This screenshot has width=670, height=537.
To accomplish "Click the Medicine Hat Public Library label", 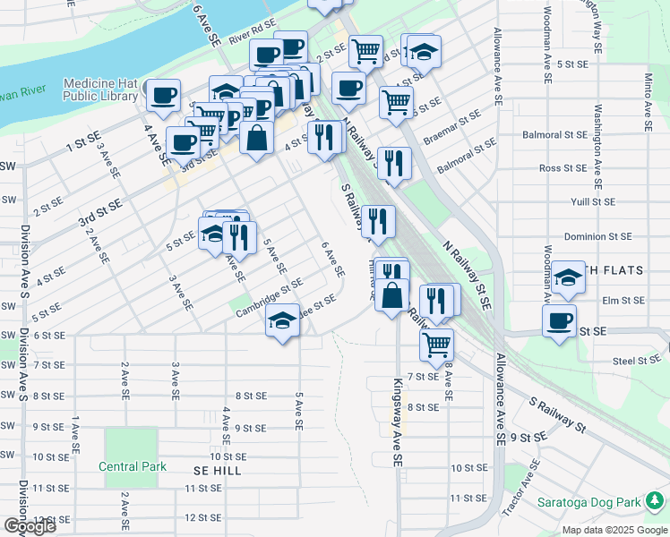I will coord(100,89).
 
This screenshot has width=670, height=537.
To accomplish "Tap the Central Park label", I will coord(132,466).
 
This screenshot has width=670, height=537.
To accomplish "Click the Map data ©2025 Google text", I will coord(614,530).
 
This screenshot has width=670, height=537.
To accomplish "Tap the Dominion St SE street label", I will coord(597,237).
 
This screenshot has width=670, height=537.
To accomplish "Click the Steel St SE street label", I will coord(635,362).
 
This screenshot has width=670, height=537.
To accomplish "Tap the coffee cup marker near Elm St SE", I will coord(560,320).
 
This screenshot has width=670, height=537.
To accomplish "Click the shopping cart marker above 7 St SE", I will coord(436,343).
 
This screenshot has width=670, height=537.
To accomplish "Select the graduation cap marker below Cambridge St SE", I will coord(282,320).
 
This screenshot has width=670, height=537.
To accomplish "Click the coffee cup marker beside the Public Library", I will coord(163,95).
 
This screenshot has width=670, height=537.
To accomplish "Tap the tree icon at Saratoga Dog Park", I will coord(655,500).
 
